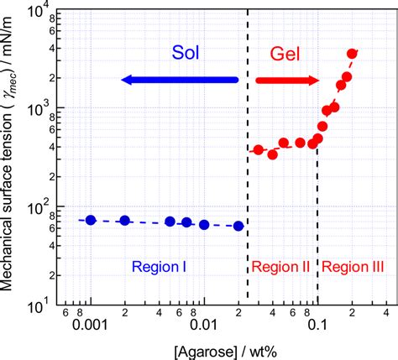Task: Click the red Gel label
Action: (286, 55)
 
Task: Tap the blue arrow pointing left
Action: (179, 80)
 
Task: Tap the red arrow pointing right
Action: (286, 81)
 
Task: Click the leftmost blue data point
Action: (92, 220)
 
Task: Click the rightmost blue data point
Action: (238, 226)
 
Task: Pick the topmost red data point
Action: (353, 54)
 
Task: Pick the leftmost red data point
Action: (259, 150)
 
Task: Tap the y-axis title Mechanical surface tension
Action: (10, 159)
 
